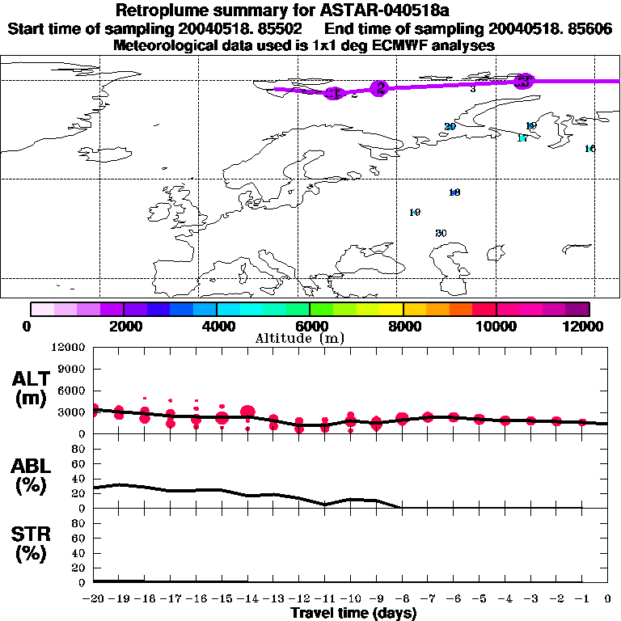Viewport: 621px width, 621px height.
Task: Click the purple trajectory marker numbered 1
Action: (x=335, y=93)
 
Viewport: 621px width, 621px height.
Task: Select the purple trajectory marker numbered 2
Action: (x=378, y=88)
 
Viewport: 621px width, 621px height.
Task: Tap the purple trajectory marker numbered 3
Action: (x=524, y=80)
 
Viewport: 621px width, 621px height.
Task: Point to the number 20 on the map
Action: (x=450, y=127)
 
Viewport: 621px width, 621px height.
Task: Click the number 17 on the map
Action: (x=522, y=138)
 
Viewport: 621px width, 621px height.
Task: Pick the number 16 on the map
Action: (x=589, y=149)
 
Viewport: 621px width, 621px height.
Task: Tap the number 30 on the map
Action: (x=441, y=233)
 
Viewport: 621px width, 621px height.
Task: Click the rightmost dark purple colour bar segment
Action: (x=577, y=308)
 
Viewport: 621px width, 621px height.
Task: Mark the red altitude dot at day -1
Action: (x=582, y=422)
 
